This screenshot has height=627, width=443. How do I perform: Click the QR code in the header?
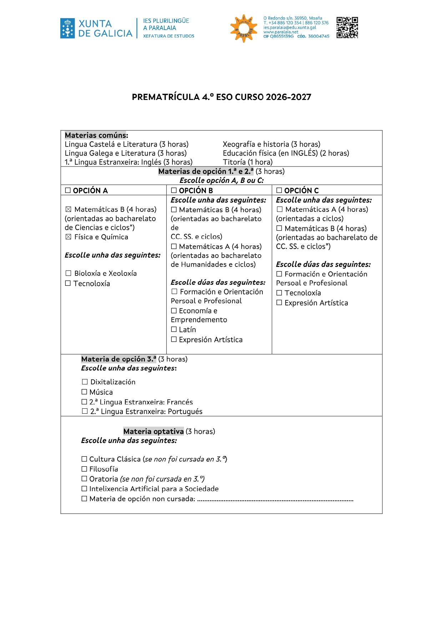pos(347,28)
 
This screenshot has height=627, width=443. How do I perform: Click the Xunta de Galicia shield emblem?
pos(67,29)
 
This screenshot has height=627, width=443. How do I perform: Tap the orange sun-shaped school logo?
pos(244,28)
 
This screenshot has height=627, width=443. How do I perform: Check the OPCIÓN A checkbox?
pos(68,191)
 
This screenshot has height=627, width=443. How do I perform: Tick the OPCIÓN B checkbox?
pos(174,191)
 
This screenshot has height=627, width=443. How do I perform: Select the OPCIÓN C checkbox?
pos(279,191)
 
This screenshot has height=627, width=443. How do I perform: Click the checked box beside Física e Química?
pos(68,237)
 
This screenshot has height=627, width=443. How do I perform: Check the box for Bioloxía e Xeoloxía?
pos(68,274)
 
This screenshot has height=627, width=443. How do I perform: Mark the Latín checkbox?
pos(174,330)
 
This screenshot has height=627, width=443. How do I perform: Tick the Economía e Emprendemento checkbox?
pos(174,311)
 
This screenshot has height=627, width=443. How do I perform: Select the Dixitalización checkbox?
pos(85,382)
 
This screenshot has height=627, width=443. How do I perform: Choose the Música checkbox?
pos(85,392)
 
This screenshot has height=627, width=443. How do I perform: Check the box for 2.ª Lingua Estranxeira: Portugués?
pos(85,412)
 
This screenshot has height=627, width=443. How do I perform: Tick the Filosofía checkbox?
pos(85,469)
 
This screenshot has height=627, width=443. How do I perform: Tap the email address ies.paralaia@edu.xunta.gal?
pos(290,28)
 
